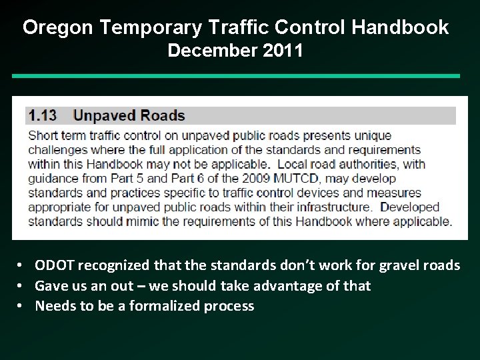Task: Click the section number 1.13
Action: tap(43, 115)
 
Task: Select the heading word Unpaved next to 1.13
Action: tap(105, 115)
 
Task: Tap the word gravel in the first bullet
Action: tap(398, 265)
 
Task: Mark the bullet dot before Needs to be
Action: tap(21, 306)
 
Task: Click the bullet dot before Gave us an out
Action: tap(21, 285)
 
